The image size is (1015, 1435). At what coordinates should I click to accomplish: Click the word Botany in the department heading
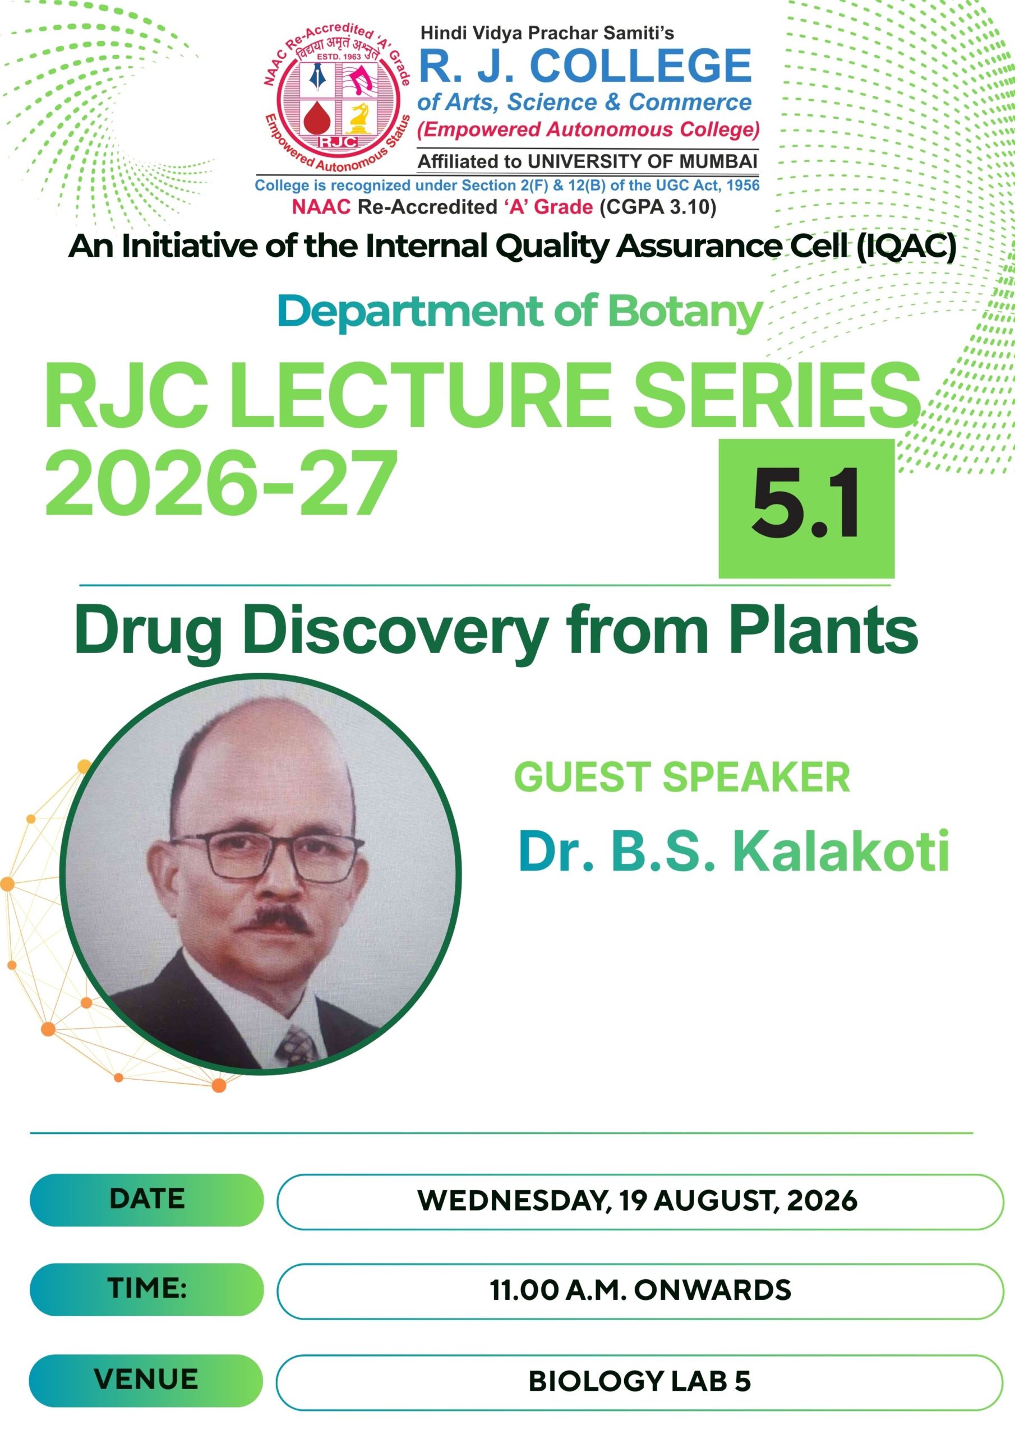pyautogui.click(x=685, y=312)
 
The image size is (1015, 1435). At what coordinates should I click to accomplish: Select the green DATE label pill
pyautogui.click(x=146, y=1200)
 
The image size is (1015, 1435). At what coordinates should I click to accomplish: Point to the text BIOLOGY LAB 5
pyautogui.click(x=640, y=1381)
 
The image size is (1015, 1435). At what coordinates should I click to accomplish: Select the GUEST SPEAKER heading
pyautogui.click(x=682, y=777)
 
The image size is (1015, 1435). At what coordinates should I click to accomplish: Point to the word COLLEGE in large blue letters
pyautogui.click(x=641, y=65)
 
